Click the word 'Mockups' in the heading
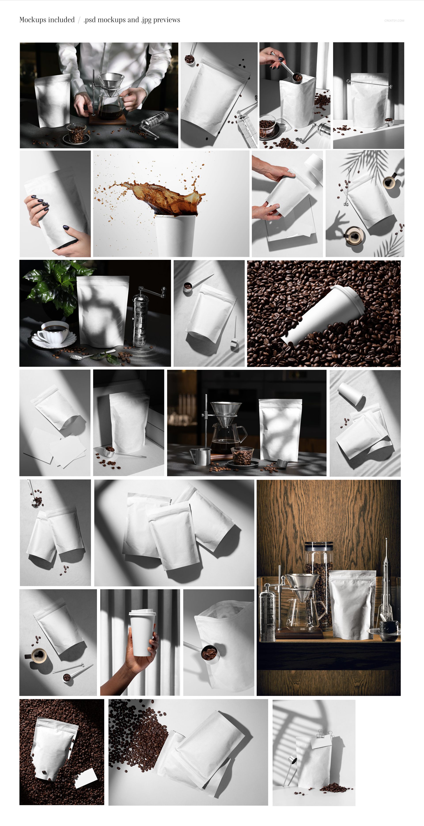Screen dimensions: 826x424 [x=33, y=20]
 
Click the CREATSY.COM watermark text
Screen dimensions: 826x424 [x=394, y=21]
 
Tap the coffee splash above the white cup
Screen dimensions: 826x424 [x=160, y=196]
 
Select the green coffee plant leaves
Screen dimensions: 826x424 [x=51, y=282]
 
